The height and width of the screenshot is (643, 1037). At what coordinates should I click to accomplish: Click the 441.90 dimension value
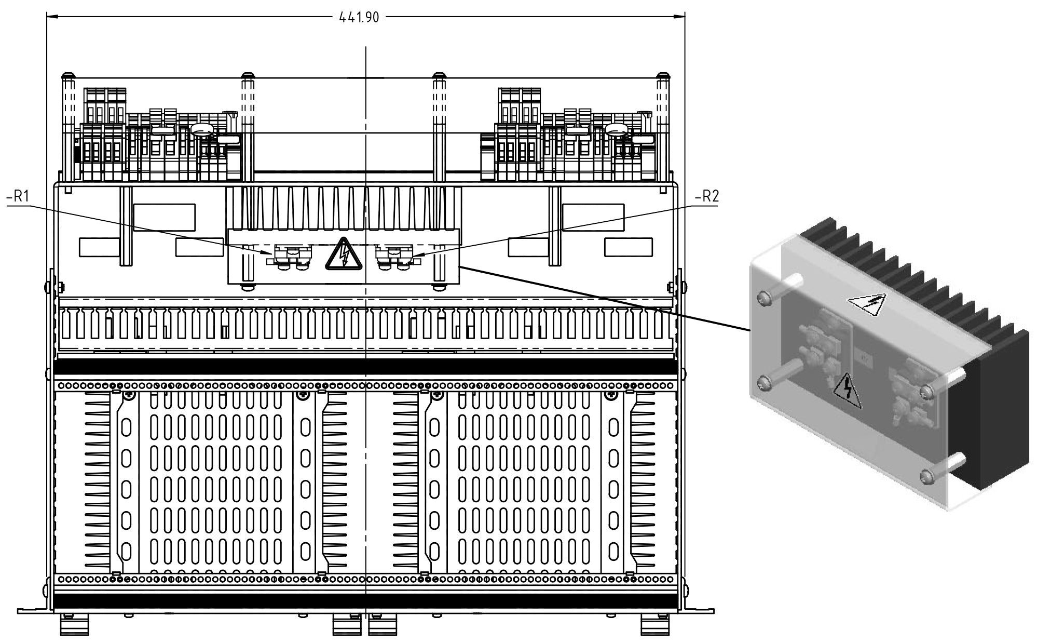tap(359, 17)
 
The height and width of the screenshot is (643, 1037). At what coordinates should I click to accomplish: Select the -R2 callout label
tap(706, 197)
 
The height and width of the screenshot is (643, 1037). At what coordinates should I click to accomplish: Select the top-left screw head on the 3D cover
tap(763, 298)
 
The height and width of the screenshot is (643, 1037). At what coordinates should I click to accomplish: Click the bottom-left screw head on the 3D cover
tap(763, 383)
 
